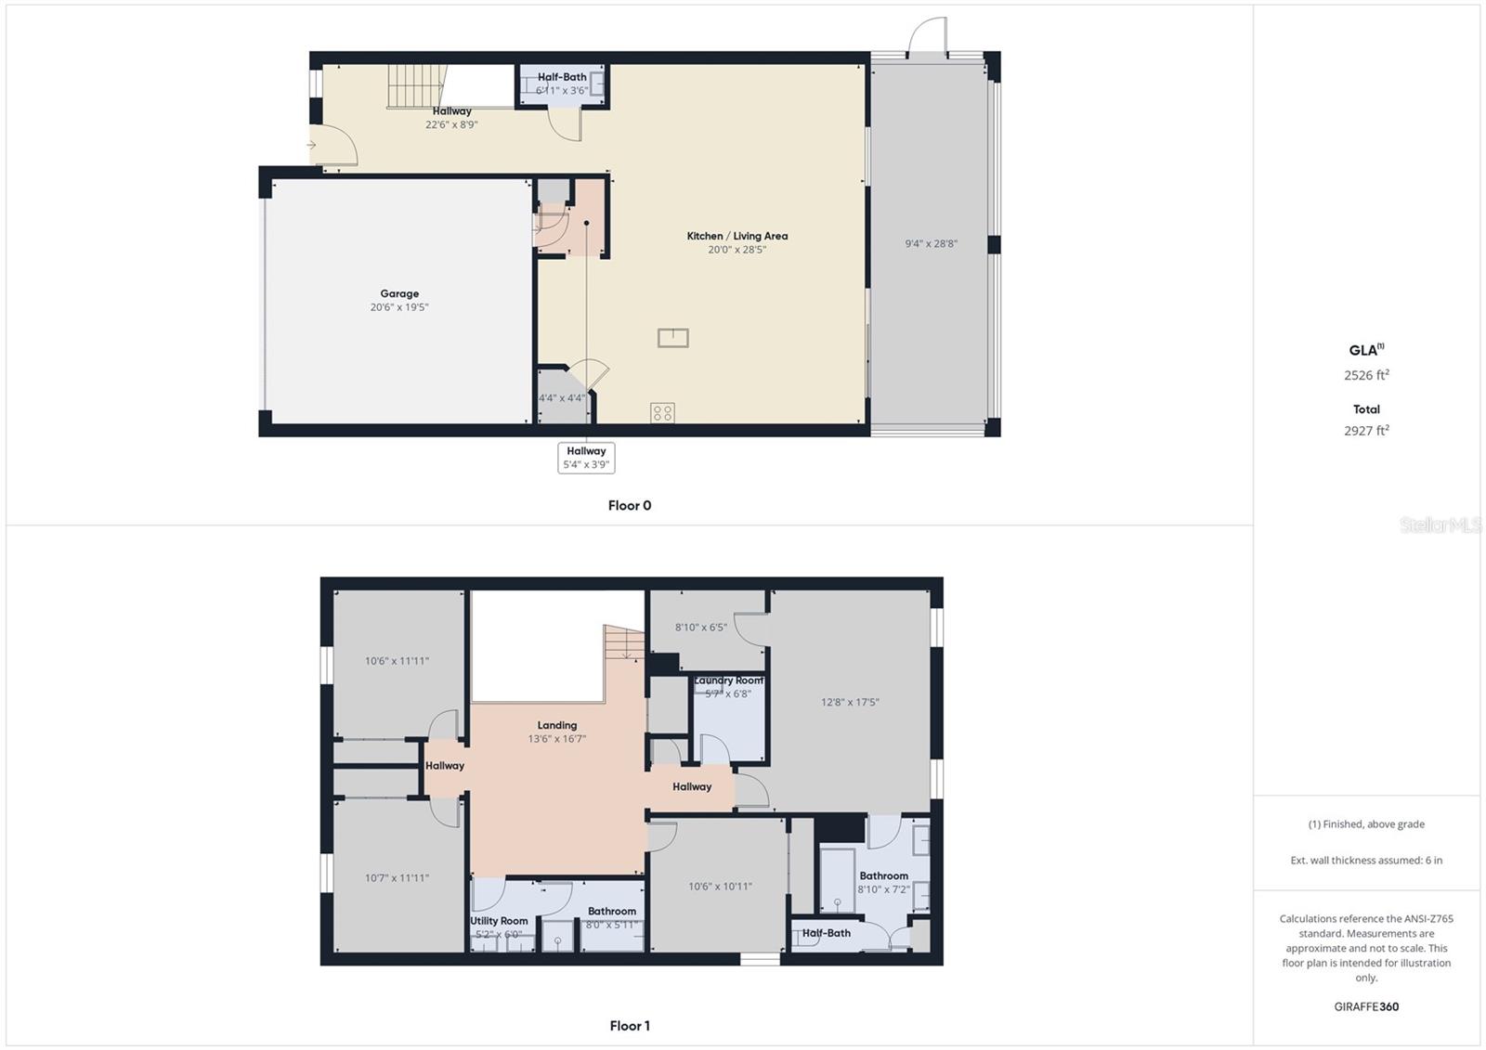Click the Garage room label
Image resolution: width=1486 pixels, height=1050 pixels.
(399, 294)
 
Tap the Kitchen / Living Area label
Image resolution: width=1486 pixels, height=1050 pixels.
(736, 237)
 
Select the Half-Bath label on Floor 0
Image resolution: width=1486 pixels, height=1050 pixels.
(562, 78)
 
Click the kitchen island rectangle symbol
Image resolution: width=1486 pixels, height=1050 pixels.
(672, 338)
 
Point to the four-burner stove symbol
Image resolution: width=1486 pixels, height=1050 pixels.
(662, 413)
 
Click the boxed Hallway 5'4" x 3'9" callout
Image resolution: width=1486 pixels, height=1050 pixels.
(586, 458)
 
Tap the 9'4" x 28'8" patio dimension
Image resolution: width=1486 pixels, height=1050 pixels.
(931, 244)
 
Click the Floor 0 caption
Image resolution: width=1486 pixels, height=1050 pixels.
(630, 506)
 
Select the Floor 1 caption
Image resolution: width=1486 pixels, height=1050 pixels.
(630, 1026)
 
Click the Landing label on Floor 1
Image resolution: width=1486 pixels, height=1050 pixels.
(557, 726)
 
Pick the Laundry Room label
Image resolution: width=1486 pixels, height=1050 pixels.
(728, 681)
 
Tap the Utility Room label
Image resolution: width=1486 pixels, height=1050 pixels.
(499, 921)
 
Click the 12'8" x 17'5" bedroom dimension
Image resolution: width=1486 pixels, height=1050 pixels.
(850, 703)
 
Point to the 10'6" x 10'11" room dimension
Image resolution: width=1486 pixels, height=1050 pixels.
(720, 887)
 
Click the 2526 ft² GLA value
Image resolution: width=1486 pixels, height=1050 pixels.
(1366, 376)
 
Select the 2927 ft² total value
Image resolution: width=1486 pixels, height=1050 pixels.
(1366, 431)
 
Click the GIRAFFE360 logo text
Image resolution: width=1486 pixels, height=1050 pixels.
(1366, 1006)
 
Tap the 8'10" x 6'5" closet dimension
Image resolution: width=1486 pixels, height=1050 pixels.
(700, 628)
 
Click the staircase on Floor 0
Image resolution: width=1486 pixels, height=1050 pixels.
(416, 86)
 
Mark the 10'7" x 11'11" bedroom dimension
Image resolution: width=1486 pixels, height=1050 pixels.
(397, 878)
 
